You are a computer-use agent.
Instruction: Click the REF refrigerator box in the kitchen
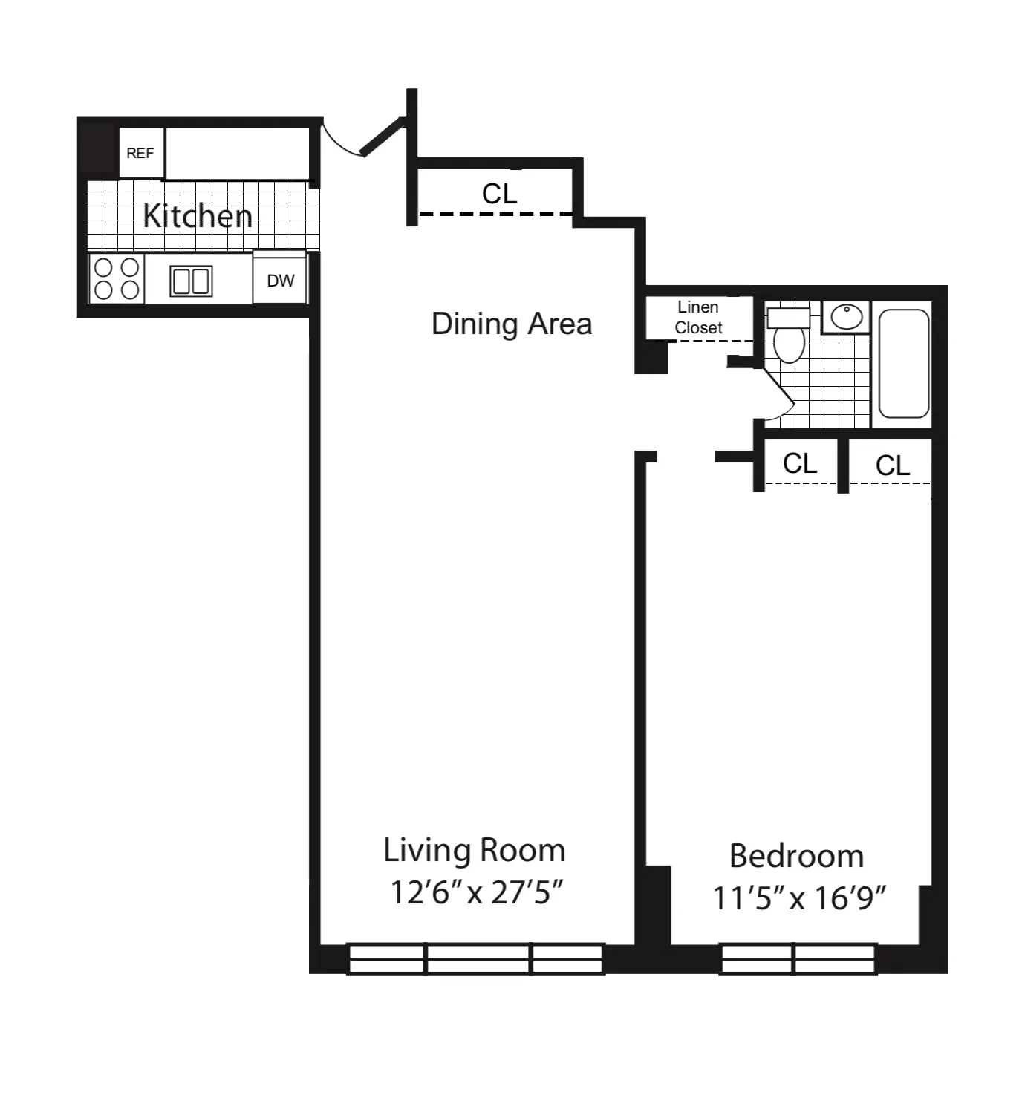point(141,153)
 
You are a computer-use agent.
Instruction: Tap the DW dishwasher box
point(280,280)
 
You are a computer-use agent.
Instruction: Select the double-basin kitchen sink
point(191,281)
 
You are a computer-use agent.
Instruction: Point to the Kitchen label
point(198,216)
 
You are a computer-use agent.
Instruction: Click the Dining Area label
point(512,324)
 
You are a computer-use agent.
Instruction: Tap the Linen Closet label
point(698,317)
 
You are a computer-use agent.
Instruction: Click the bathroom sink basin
point(846,317)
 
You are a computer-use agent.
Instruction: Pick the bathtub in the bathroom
point(904,364)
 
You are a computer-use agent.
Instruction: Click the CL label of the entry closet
point(499,194)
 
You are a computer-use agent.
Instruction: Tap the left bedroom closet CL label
point(800,463)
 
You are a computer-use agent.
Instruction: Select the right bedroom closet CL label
point(892,465)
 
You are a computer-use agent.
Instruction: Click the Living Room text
point(474,850)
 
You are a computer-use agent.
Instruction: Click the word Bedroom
point(796,856)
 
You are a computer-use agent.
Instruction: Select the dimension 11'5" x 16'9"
point(799,898)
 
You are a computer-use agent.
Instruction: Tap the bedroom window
point(798,958)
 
